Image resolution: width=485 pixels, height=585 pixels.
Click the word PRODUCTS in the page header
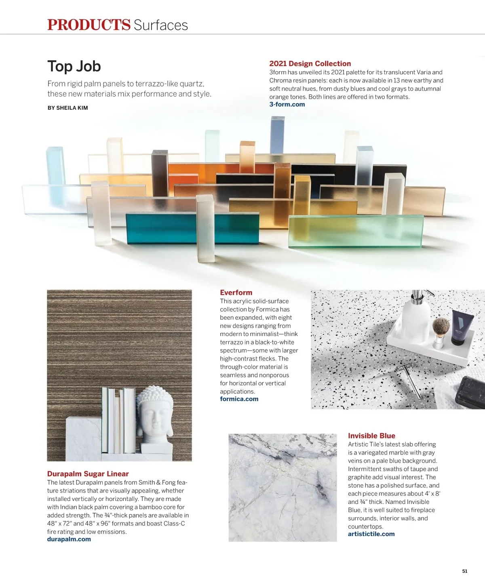pyautogui.click(x=89, y=25)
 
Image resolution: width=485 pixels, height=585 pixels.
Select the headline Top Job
pyautogui.click(x=74, y=67)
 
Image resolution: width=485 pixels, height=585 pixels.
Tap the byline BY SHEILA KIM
pyautogui.click(x=67, y=108)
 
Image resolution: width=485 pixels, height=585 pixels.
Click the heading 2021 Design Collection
pyautogui.click(x=310, y=63)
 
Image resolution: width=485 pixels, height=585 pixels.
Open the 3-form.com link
pyautogui.click(x=287, y=104)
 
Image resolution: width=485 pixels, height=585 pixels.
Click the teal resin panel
pyautogui.click(x=162, y=228)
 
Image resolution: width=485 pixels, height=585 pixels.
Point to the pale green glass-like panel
pyautogui.click(x=356, y=231)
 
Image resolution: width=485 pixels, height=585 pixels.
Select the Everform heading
pyautogui.click(x=236, y=292)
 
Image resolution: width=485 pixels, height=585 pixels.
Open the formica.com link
pyautogui.click(x=239, y=399)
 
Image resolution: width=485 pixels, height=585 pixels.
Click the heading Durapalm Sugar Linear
pyautogui.click(x=88, y=474)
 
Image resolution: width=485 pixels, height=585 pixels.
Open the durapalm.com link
pyautogui.click(x=69, y=539)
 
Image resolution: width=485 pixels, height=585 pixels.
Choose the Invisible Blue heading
pyautogui.click(x=371, y=436)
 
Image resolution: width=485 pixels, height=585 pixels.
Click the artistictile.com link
pyautogui.click(x=371, y=534)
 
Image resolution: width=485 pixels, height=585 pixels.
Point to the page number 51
pyautogui.click(x=464, y=571)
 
